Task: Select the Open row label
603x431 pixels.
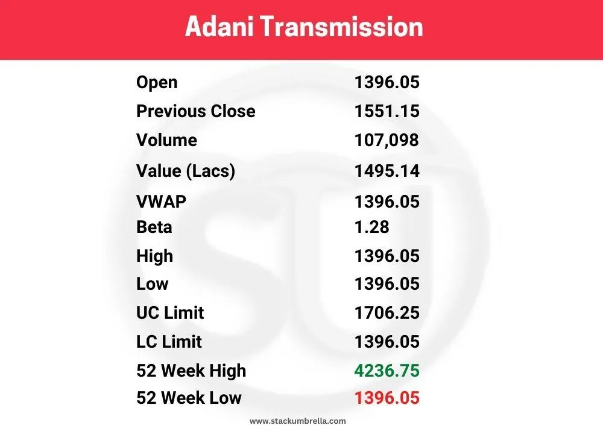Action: tap(157, 82)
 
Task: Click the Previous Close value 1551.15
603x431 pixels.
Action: tap(387, 111)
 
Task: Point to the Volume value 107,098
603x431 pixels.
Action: tap(387, 140)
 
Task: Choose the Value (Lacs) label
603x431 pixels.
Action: tap(185, 171)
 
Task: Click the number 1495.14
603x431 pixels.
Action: tap(387, 171)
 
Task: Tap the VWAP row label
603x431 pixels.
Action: tap(161, 202)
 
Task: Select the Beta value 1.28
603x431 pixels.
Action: tap(372, 228)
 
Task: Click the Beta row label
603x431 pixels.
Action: tap(154, 228)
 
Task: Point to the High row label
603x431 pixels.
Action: tap(154, 256)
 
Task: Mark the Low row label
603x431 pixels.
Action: tap(152, 284)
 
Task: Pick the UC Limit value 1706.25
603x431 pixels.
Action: tap(387, 313)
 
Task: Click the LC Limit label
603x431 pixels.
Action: tap(169, 342)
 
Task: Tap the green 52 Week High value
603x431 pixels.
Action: tap(387, 370)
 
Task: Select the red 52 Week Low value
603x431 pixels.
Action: tap(387, 398)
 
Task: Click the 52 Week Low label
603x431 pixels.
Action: tap(189, 398)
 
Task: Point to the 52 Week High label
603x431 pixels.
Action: tap(191, 370)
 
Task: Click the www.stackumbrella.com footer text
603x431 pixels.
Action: tap(298, 421)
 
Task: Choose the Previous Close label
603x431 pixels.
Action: tap(195, 111)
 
